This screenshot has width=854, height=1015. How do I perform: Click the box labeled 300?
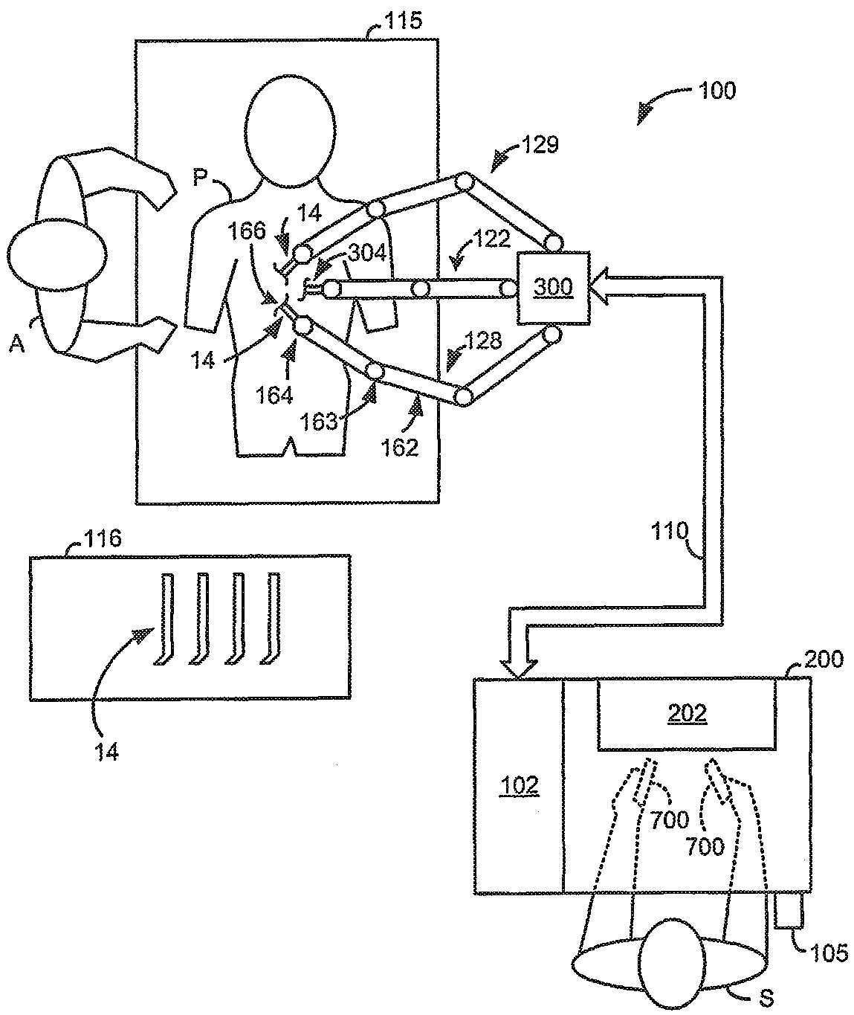(552, 288)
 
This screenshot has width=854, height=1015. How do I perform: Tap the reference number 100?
(716, 91)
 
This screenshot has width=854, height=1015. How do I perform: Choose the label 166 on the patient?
(248, 231)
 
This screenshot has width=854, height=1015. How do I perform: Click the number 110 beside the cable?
(671, 531)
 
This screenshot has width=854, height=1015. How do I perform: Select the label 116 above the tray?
(103, 538)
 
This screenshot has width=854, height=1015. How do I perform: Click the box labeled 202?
(687, 714)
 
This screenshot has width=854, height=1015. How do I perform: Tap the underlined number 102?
(520, 785)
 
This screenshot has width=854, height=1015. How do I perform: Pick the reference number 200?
(824, 659)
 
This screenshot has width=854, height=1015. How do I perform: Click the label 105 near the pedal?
(829, 953)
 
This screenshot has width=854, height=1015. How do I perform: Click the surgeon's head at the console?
(671, 965)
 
